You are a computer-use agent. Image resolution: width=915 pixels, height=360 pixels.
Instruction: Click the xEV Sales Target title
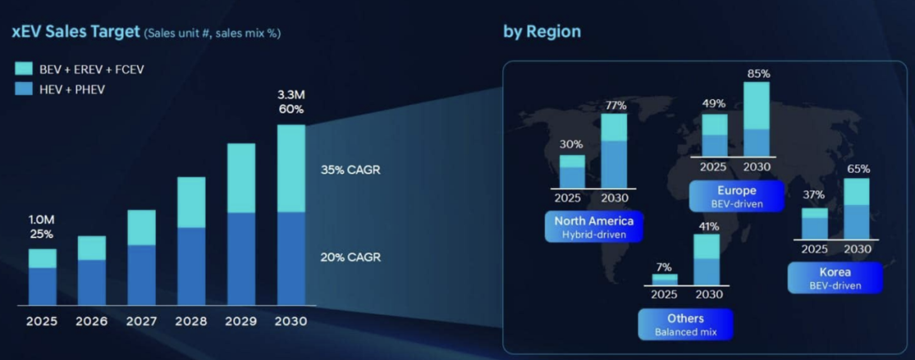(x=74, y=32)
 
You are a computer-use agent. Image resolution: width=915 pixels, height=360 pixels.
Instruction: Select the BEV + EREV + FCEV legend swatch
(x=23, y=69)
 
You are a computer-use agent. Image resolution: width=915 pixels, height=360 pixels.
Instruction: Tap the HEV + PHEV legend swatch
(x=23, y=88)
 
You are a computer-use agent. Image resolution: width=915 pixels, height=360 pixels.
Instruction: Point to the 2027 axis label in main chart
(x=141, y=322)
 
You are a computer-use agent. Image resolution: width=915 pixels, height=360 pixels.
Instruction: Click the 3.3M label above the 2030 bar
(x=291, y=94)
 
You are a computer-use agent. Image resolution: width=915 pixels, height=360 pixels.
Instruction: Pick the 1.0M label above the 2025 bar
(x=42, y=219)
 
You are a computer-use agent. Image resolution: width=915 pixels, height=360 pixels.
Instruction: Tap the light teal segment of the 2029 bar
(x=241, y=178)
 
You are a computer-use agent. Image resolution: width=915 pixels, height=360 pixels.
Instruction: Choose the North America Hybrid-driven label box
(x=594, y=227)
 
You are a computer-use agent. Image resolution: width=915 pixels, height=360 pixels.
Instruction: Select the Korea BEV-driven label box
(x=835, y=278)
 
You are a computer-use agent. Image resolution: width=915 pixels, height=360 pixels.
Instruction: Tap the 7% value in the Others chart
(x=664, y=266)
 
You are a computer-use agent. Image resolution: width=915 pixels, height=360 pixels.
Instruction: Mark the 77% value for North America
(x=615, y=106)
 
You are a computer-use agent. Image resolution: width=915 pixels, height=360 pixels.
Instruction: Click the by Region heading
(x=541, y=32)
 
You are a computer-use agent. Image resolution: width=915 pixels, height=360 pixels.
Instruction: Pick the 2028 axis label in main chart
(x=191, y=322)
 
